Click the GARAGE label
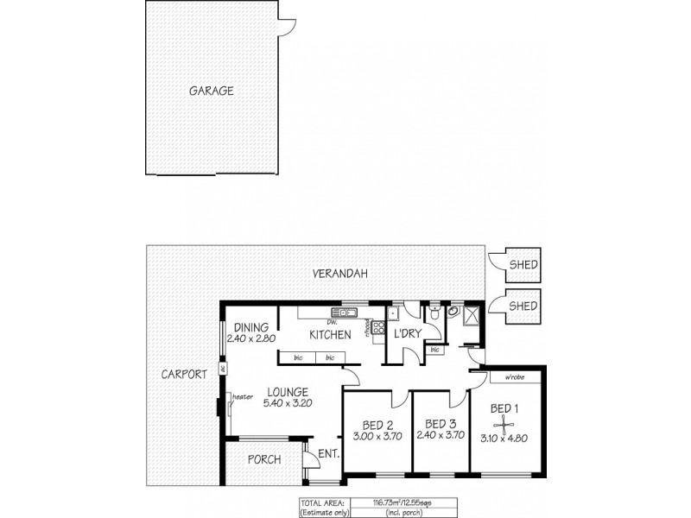pyautogui.click(x=212, y=90)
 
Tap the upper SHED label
pyautogui.click(x=523, y=266)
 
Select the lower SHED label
pyautogui.click(x=523, y=306)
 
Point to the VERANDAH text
pyautogui.click(x=340, y=274)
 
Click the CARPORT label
pyautogui.click(x=184, y=375)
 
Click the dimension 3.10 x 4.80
pyautogui.click(x=504, y=438)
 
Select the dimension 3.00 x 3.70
pyautogui.click(x=377, y=438)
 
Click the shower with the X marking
pyautogui.click(x=471, y=317)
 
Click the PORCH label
pyautogui.click(x=263, y=459)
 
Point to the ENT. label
pyautogui.click(x=328, y=453)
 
